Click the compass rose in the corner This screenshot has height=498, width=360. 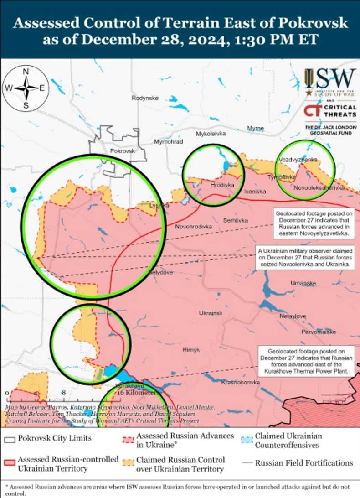tap(26, 88)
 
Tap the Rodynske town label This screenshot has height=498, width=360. tap(144, 98)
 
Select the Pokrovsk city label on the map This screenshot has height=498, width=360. tap(123, 151)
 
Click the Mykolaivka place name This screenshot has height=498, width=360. tap(208, 135)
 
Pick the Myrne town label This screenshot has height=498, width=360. tap(255, 129)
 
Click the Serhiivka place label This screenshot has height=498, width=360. tap(235, 220)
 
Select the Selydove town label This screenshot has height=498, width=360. tap(161, 272)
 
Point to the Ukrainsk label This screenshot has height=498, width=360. tap(211, 313)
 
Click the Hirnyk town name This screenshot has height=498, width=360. tap(191, 349)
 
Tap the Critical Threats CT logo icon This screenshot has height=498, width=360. tap(313, 111)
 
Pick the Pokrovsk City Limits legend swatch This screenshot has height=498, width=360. tap(9, 439)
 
